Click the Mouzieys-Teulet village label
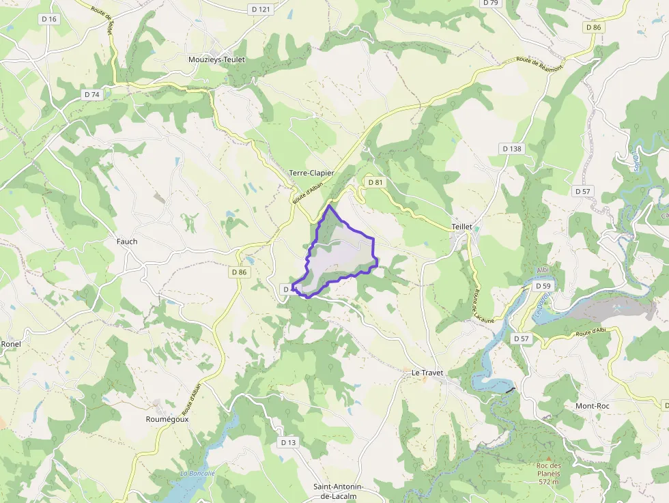click(x=216, y=60)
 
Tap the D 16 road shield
click(x=49, y=19)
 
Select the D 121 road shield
click(x=261, y=9)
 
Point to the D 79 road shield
click(x=490, y=3)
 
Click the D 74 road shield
click(x=91, y=95)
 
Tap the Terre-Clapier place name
click(x=311, y=173)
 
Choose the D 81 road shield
click(x=375, y=182)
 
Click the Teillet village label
click(x=462, y=227)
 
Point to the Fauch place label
click(x=127, y=242)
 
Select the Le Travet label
click(x=427, y=373)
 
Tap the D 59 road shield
click(x=543, y=286)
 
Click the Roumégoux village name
click(x=167, y=419)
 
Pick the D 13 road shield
click(x=288, y=442)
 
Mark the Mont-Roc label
click(x=593, y=405)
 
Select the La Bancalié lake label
click(x=198, y=474)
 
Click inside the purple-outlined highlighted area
click(x=341, y=256)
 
